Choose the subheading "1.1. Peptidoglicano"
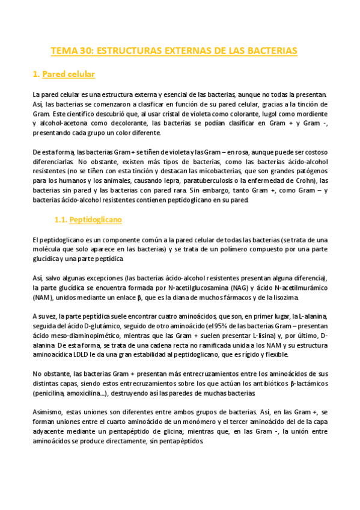point(88,220)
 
